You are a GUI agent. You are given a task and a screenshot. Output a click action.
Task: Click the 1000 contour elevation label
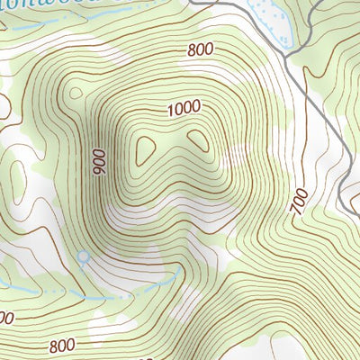click(x=184, y=108)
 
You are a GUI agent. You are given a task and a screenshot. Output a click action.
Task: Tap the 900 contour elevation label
click(x=98, y=161)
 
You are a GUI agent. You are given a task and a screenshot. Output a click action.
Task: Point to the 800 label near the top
click(x=202, y=50)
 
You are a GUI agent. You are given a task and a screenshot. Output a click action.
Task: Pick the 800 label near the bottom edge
click(x=62, y=345)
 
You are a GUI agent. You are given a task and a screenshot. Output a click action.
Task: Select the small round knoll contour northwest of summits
click(x=74, y=91)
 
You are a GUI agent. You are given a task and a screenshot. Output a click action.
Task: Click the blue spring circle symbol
click(x=84, y=258)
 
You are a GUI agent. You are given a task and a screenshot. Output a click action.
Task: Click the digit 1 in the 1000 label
click(x=171, y=112)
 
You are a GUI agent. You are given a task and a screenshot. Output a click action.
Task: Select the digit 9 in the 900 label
click(x=98, y=171)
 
